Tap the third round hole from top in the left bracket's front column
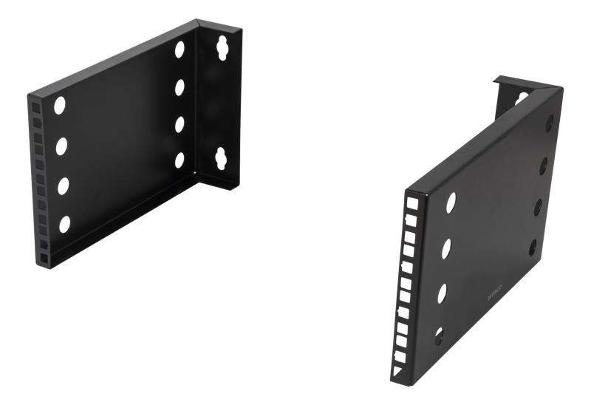(x=61, y=182)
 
